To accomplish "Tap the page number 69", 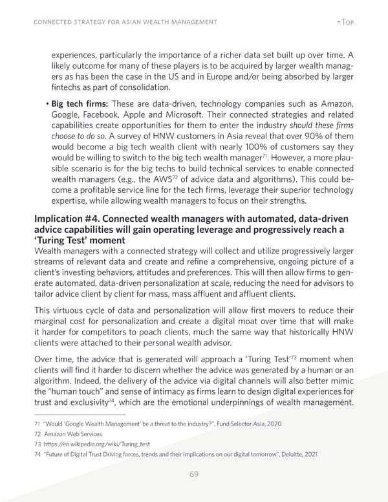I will point(193,474).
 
